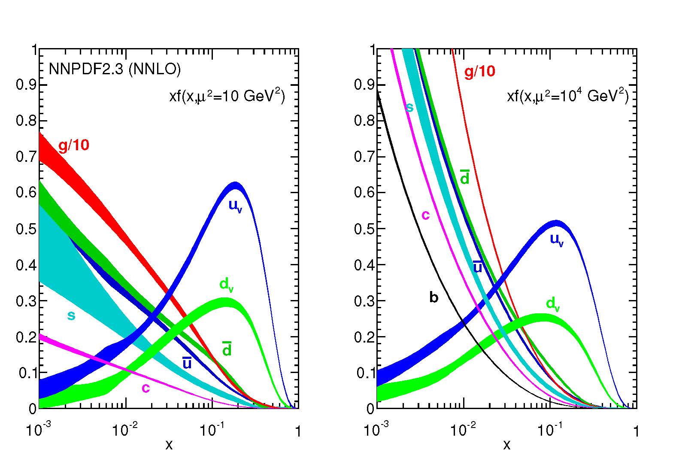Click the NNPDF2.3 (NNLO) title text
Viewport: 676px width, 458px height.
coord(115,70)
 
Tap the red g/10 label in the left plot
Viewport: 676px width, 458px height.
coord(74,146)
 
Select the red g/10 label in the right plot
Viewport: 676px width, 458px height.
coord(479,71)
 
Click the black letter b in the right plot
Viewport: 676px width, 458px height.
coord(433,297)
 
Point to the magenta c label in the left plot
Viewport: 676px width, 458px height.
coord(146,388)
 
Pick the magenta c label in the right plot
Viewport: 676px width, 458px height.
coord(425,215)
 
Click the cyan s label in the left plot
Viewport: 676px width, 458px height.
coord(71,316)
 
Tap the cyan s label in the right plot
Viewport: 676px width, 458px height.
coord(409,107)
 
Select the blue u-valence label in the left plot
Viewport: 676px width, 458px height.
coord(235,206)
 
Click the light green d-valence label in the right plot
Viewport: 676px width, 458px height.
coord(553,304)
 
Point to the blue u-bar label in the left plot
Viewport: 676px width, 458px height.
coord(187,363)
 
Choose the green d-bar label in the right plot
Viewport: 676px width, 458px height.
coord(464,177)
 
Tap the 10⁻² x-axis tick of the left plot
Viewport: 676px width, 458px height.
coord(124,430)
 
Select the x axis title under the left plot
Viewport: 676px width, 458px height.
coord(169,445)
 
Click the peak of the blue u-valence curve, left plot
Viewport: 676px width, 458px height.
coord(235,186)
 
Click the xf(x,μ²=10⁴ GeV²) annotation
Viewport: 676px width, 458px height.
coord(567,97)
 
